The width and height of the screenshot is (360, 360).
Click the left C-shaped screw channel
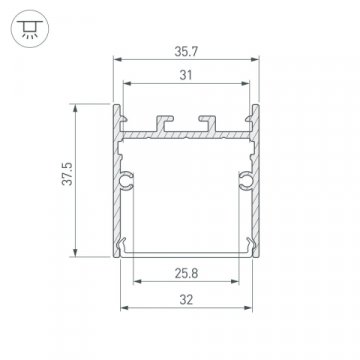pos(127,180)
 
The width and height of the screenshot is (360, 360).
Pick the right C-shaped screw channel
pos(244,180)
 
